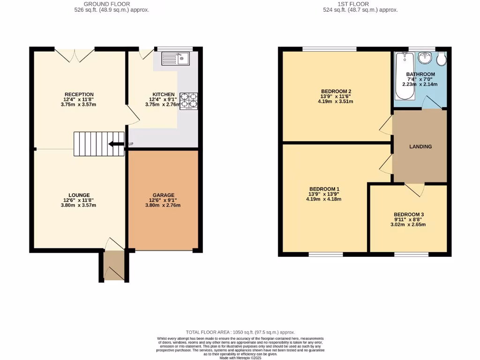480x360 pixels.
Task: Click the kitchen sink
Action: tap(175, 58)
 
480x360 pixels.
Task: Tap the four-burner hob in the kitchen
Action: tap(189, 101)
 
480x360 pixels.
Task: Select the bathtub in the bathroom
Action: tap(404, 75)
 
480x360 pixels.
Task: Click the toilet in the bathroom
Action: tap(442, 60)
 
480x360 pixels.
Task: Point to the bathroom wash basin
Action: tap(425, 58)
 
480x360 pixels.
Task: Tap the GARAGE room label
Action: tap(163, 195)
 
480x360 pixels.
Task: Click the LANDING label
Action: tap(420, 147)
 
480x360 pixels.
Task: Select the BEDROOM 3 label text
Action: tap(408, 214)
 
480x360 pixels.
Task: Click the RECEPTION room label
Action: tap(79, 94)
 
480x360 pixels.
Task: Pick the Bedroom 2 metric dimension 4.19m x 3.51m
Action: tap(336, 101)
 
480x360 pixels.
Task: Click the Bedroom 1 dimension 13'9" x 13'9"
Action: tap(323, 194)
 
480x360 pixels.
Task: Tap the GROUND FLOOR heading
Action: tap(104, 4)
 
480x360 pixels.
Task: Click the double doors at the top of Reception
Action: tap(73, 55)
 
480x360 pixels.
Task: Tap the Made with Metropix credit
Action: tap(240, 358)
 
